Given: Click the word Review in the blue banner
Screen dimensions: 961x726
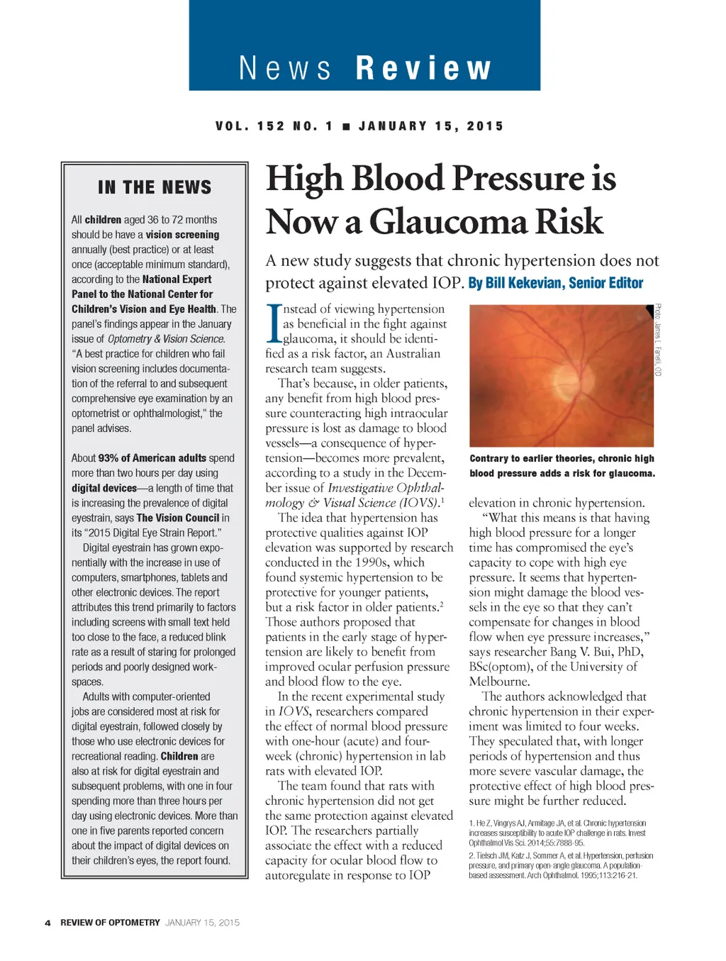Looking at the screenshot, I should pos(423,69).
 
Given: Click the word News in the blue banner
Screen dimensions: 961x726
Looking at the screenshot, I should pos(285,69).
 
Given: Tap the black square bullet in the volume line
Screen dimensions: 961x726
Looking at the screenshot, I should pos(346,126).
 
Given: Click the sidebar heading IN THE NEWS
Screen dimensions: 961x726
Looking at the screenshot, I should pos(155,187).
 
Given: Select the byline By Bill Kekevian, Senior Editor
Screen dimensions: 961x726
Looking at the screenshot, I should pos(555,283).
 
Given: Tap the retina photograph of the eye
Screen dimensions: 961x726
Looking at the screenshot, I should pos(561,375).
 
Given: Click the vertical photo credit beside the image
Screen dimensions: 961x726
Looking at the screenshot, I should pos(658,340).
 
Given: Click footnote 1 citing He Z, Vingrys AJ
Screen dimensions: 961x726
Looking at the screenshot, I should pos(557,833).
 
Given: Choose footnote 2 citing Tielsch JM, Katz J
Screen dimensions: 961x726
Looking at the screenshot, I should pos(560,865).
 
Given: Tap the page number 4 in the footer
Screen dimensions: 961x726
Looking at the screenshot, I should pos(48,923).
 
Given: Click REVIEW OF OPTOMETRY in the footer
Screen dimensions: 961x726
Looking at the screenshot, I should pos(110,923).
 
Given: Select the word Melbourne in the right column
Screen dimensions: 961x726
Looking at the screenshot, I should pos(499,682).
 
